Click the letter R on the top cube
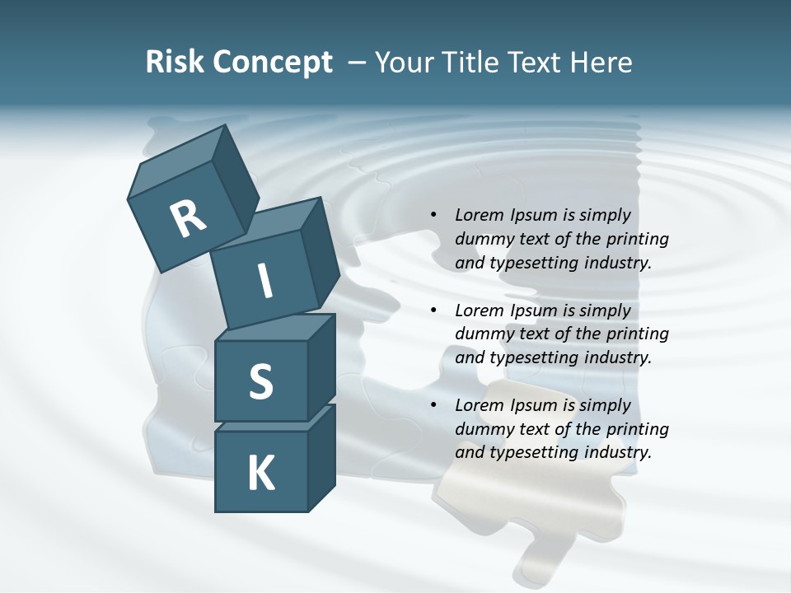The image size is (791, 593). point(189,218)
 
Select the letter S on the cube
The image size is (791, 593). point(260,381)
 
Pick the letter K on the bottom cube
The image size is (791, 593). point(261,474)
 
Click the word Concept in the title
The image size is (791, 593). point(271,63)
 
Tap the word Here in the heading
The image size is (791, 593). point(601,62)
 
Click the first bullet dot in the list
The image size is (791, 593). point(433,215)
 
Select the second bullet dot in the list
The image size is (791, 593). point(433,311)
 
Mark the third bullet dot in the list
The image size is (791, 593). point(433,405)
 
